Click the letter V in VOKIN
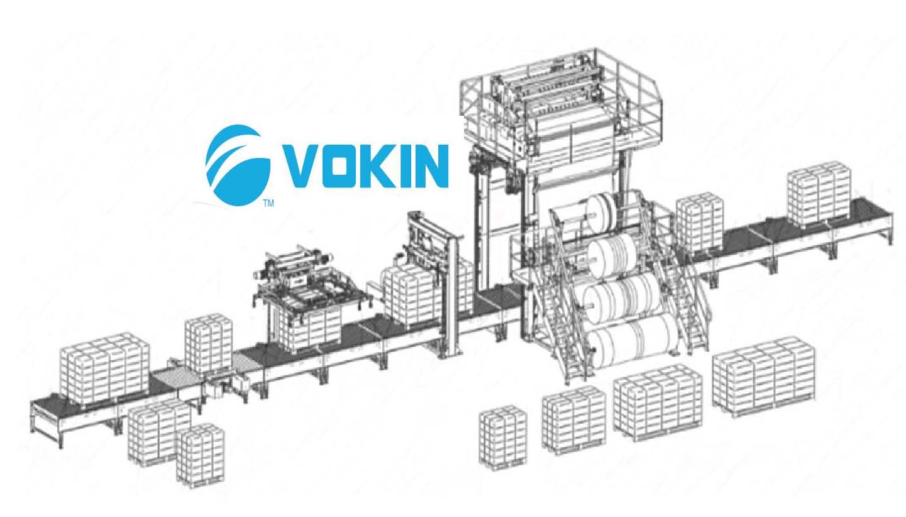(x=302, y=166)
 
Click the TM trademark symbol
(x=268, y=203)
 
